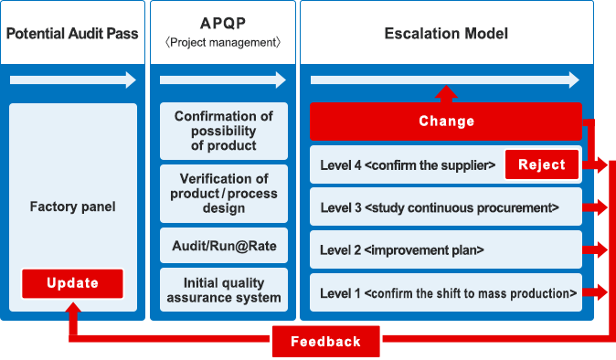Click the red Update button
click(72, 283)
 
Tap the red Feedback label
click(326, 342)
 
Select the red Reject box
click(542, 165)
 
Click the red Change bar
click(446, 122)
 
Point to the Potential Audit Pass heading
click(72, 34)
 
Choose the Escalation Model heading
click(446, 34)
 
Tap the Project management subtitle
click(222, 43)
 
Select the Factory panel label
click(72, 206)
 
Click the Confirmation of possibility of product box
click(223, 131)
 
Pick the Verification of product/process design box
click(223, 193)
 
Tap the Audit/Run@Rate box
click(223, 246)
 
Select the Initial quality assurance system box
click(223, 290)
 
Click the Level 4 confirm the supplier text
click(408, 165)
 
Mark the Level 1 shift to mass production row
click(445, 293)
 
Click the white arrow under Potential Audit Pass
click(72, 80)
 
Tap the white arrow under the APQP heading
click(223, 80)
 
